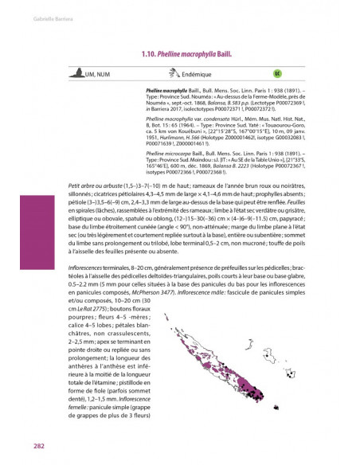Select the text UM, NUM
99,73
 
